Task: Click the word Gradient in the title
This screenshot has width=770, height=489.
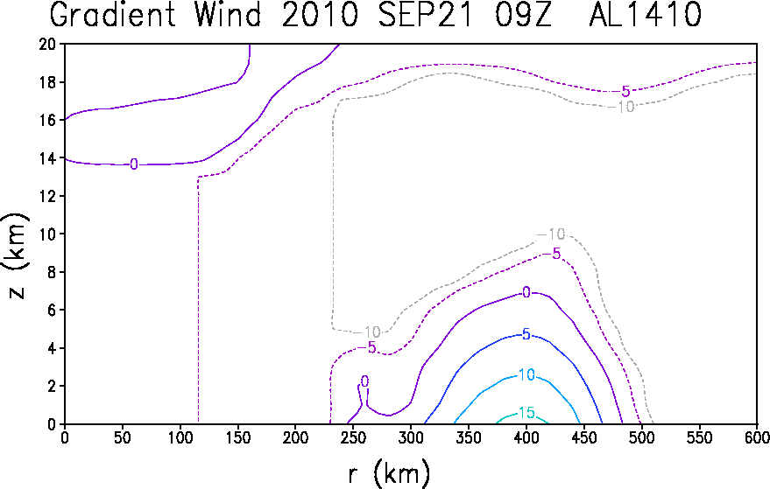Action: [x=113, y=15]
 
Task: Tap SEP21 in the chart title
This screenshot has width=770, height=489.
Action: [x=425, y=15]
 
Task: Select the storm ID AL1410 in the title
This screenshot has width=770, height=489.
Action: [x=645, y=15]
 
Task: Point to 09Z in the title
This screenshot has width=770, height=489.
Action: [x=523, y=15]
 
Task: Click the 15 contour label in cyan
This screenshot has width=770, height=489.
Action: [x=526, y=413]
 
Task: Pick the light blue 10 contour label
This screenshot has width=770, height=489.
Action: [x=526, y=374]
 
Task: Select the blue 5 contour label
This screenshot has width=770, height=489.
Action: [x=526, y=334]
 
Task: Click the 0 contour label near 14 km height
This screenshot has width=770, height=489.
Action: [x=133, y=164]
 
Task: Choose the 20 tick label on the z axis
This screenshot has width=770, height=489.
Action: [x=48, y=44]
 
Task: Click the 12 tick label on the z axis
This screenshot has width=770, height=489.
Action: [x=48, y=196]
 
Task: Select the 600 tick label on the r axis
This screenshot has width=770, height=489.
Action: [x=757, y=437]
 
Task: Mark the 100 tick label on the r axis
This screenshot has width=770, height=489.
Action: [x=180, y=437]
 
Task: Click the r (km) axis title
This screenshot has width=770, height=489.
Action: [x=389, y=474]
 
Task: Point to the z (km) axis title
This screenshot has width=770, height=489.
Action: [x=16, y=255]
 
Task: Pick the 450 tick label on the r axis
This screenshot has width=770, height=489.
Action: [x=584, y=437]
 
